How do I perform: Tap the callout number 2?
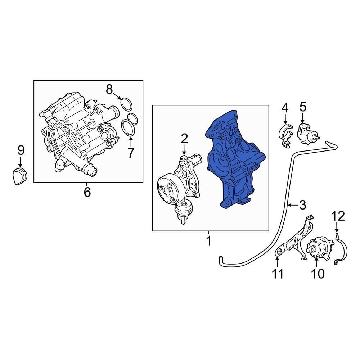pyautogui.click(x=184, y=139)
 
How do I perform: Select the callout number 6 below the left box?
pyautogui.click(x=87, y=192)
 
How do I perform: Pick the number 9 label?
pyautogui.click(x=21, y=149)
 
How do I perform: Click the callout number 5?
pyautogui.click(x=303, y=107)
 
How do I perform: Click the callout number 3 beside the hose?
pyautogui.click(x=302, y=205)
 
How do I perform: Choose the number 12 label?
pyautogui.click(x=338, y=216)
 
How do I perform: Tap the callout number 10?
pyautogui.click(x=318, y=274)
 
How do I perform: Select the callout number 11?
pyautogui.click(x=278, y=274)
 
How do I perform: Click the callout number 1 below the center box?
pyautogui.click(x=208, y=241)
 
